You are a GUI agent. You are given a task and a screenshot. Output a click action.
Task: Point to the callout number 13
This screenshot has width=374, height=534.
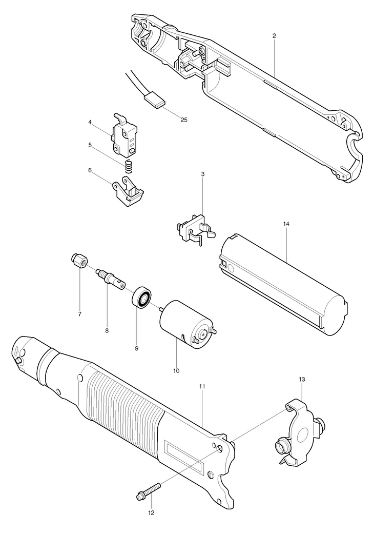point(302,379)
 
